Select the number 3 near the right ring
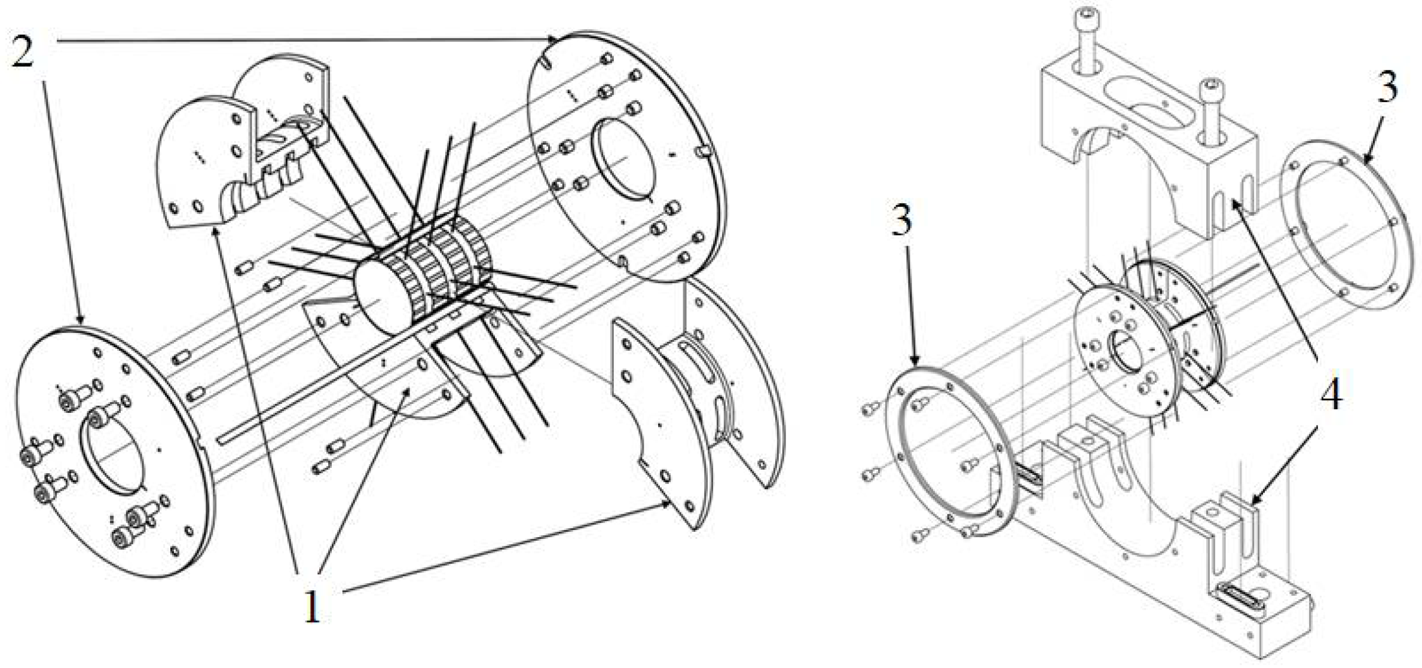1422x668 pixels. (1387, 88)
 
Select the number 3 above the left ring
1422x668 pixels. (901, 220)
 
